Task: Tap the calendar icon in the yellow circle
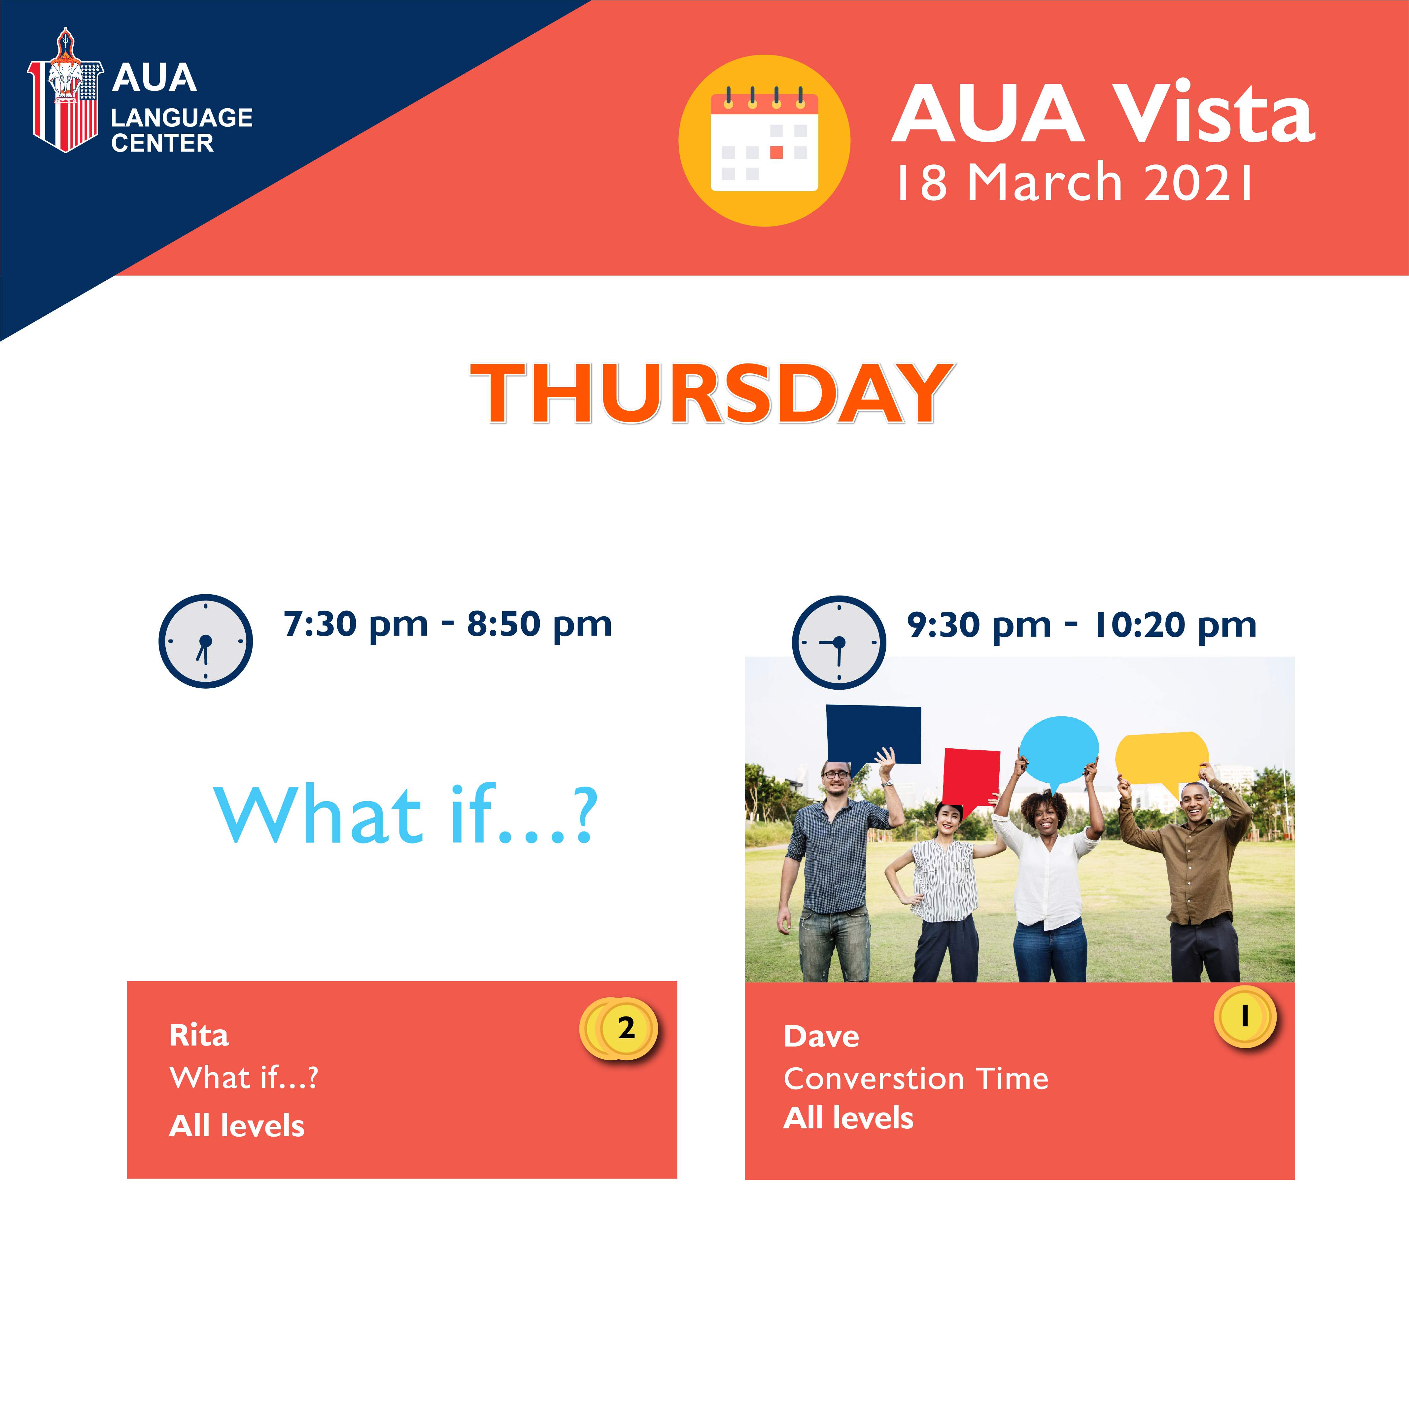point(764,141)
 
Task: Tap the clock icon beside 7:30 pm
point(206,641)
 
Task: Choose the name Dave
point(821,1036)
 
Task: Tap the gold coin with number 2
point(620,1029)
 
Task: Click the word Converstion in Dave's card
point(874,1079)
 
